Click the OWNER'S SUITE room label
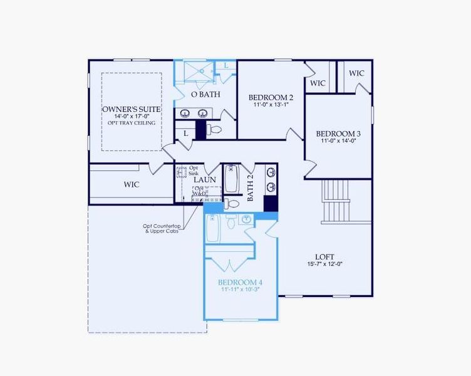pyautogui.click(x=132, y=109)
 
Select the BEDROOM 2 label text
pyautogui.click(x=271, y=97)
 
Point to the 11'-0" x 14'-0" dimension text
pyautogui.click(x=338, y=142)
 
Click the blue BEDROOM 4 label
pyautogui.click(x=240, y=283)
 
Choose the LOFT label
pyautogui.click(x=324, y=256)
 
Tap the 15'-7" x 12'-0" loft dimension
pyautogui.click(x=324, y=264)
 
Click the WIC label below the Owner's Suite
pyautogui.click(x=131, y=184)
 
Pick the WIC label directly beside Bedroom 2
pyautogui.click(x=318, y=83)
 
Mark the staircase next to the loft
pyautogui.click(x=337, y=201)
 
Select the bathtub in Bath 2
pyautogui.click(x=231, y=179)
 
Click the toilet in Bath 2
pyautogui.click(x=232, y=203)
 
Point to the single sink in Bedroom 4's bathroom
pyautogui.click(x=246, y=219)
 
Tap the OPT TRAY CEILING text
pyautogui.click(x=132, y=123)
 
